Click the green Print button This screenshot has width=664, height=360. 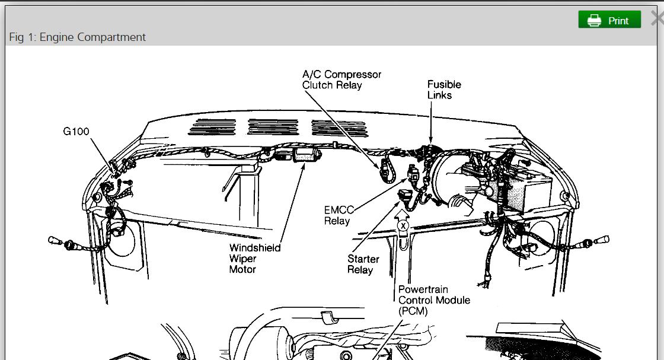(x=609, y=20)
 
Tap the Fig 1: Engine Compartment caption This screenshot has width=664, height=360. (x=77, y=37)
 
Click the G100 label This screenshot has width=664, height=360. (x=76, y=131)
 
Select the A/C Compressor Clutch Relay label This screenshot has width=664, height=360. (x=341, y=80)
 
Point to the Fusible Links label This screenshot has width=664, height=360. (x=443, y=90)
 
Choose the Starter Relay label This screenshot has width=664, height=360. (x=363, y=265)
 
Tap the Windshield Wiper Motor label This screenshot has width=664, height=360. (x=254, y=259)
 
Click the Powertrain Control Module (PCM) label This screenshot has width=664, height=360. (x=433, y=300)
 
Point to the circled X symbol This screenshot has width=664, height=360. (x=403, y=226)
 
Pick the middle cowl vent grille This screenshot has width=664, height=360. (x=272, y=126)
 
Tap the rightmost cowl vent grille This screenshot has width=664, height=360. (x=335, y=126)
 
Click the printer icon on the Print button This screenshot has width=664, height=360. (x=594, y=21)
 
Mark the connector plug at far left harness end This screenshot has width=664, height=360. (x=57, y=241)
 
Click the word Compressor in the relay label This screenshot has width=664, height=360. (x=353, y=75)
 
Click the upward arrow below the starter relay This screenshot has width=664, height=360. (x=403, y=212)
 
